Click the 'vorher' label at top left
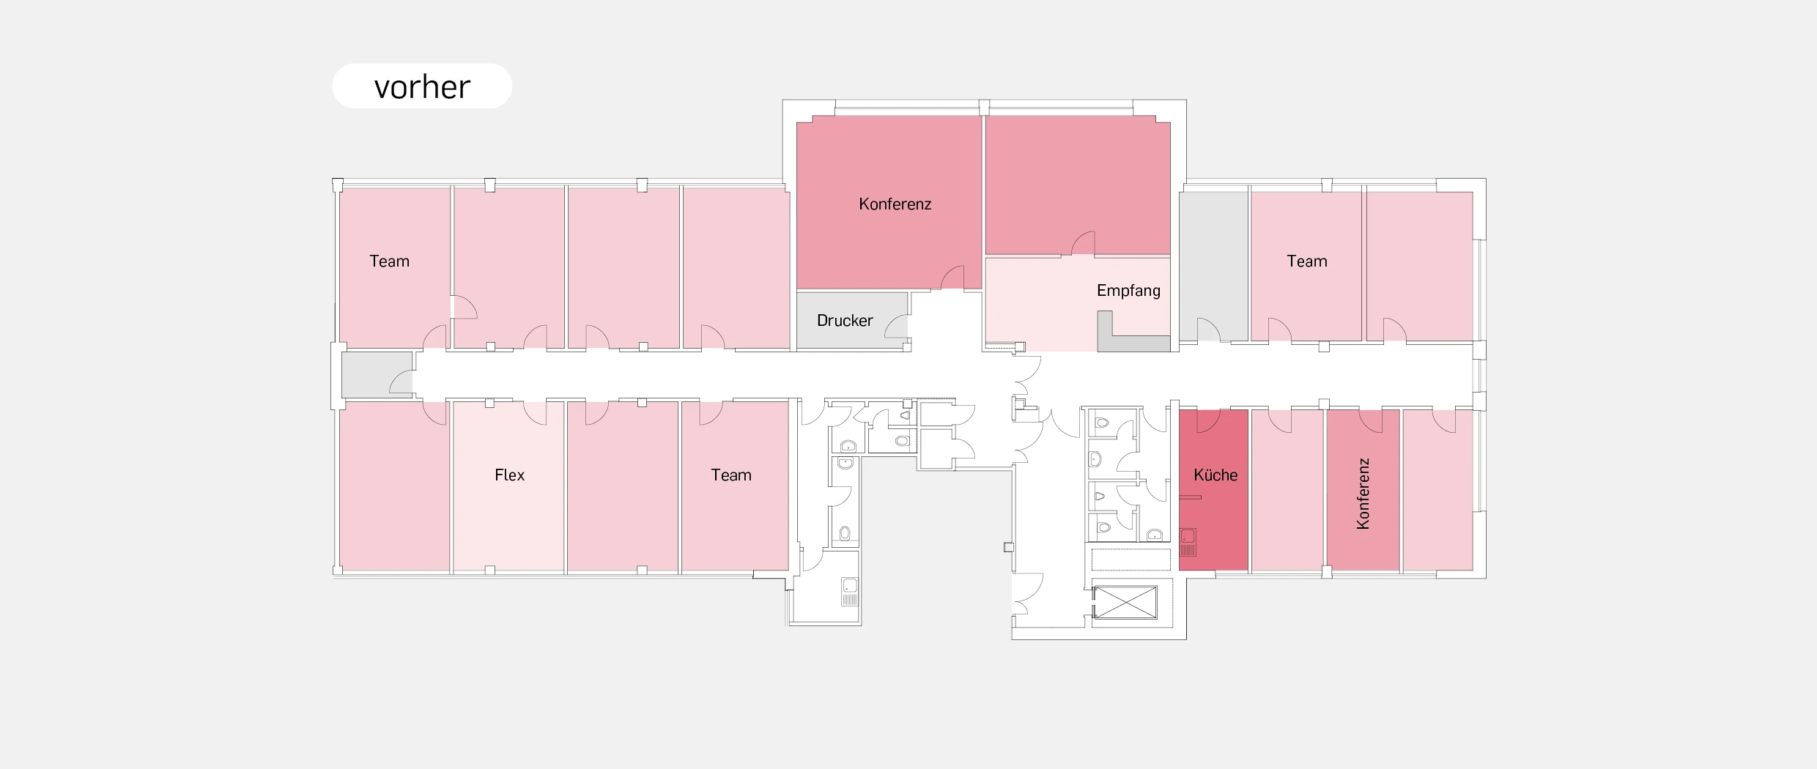tap(422, 87)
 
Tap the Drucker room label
tap(845, 321)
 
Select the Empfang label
tap(1128, 291)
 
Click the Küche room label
tap(1215, 475)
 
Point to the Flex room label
tap(509, 475)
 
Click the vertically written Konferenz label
tap(1363, 494)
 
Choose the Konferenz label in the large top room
tap(895, 204)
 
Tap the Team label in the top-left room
tap(389, 261)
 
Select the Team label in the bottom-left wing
tap(731, 475)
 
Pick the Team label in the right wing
tap(1307, 261)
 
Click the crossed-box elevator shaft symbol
tap(1125, 602)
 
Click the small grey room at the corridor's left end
tap(377, 375)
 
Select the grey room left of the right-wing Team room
tap(1213, 266)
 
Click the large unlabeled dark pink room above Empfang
tap(1078, 185)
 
